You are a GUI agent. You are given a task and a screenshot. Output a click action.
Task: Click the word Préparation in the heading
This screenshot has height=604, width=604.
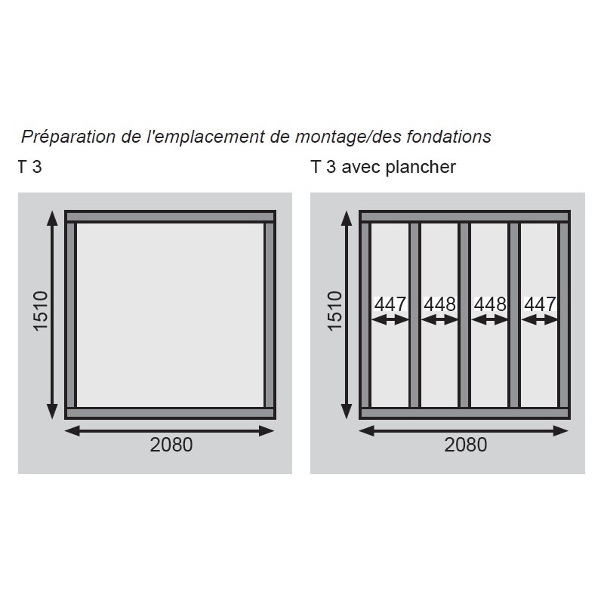(x=68, y=137)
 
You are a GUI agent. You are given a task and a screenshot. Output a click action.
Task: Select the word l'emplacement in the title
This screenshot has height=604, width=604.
(x=205, y=137)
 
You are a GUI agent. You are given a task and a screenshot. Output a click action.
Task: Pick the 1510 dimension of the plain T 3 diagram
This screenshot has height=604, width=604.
(x=40, y=311)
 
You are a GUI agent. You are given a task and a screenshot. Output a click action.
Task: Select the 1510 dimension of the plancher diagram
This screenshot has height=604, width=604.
(x=334, y=311)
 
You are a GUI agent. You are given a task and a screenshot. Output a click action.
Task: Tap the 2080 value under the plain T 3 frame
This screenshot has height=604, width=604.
(x=171, y=445)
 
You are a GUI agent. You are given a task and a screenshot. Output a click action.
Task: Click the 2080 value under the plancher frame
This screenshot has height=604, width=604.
(x=466, y=445)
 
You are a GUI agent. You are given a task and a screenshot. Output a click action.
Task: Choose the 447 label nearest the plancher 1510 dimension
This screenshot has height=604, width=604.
(x=390, y=304)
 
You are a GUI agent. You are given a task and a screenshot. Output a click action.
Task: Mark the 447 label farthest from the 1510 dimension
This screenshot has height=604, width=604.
(x=540, y=304)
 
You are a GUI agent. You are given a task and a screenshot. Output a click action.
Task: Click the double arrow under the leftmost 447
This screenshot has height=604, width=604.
(x=390, y=319)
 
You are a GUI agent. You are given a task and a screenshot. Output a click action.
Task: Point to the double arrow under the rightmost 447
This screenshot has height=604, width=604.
(x=539, y=319)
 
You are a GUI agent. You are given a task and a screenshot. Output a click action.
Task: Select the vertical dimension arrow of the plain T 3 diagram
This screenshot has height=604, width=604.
(x=52, y=315)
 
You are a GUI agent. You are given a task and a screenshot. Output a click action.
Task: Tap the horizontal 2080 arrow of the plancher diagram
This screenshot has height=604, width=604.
(x=464, y=430)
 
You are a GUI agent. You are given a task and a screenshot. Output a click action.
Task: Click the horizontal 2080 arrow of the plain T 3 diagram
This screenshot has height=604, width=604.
(x=169, y=430)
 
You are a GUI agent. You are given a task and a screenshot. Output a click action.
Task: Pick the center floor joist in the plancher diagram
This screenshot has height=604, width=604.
(x=464, y=315)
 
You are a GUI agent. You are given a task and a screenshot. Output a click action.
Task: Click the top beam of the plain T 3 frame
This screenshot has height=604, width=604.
(x=171, y=217)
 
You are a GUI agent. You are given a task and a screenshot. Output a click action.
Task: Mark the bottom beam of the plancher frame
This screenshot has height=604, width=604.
(x=464, y=413)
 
